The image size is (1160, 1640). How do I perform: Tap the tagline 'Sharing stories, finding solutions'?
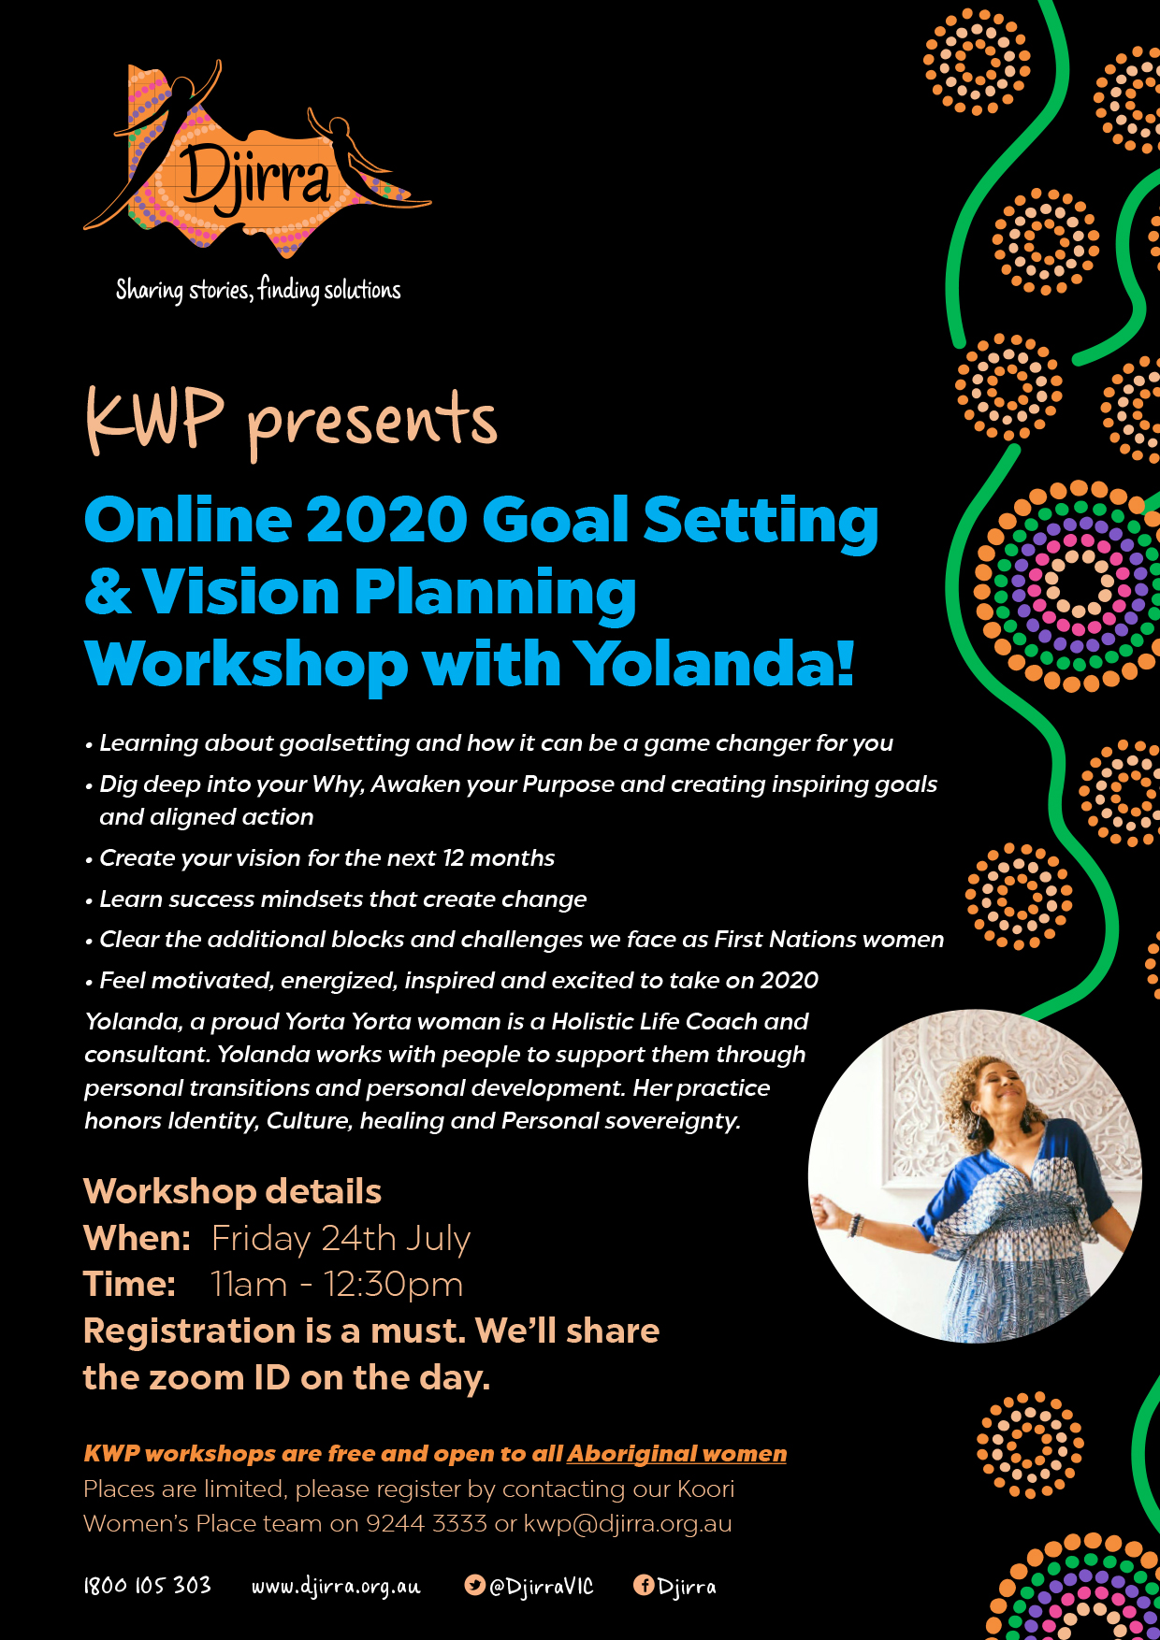pyautogui.click(x=258, y=290)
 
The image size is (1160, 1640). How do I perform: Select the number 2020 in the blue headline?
pyautogui.click(x=386, y=520)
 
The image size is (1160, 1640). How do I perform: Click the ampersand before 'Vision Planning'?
pyautogui.click(x=108, y=593)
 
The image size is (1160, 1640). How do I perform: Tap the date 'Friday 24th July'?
pyautogui.click(x=341, y=1239)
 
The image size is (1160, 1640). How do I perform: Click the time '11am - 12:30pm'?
pyautogui.click(x=337, y=1285)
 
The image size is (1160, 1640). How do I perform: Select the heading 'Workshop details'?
pyautogui.click(x=232, y=1192)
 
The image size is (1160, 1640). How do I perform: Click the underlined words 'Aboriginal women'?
pyautogui.click(x=676, y=1454)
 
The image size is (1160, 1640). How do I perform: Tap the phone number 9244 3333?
pyautogui.click(x=427, y=1524)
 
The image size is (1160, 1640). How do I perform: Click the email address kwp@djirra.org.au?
pyautogui.click(x=628, y=1524)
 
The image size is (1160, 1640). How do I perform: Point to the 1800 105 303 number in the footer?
pyautogui.click(x=148, y=1586)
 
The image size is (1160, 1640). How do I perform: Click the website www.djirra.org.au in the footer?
pyautogui.click(x=336, y=1587)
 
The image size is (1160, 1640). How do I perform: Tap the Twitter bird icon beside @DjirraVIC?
pyautogui.click(x=475, y=1585)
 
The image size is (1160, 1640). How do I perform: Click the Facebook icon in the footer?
pyautogui.click(x=644, y=1585)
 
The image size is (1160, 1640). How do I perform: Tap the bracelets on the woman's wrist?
pyautogui.click(x=854, y=1224)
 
